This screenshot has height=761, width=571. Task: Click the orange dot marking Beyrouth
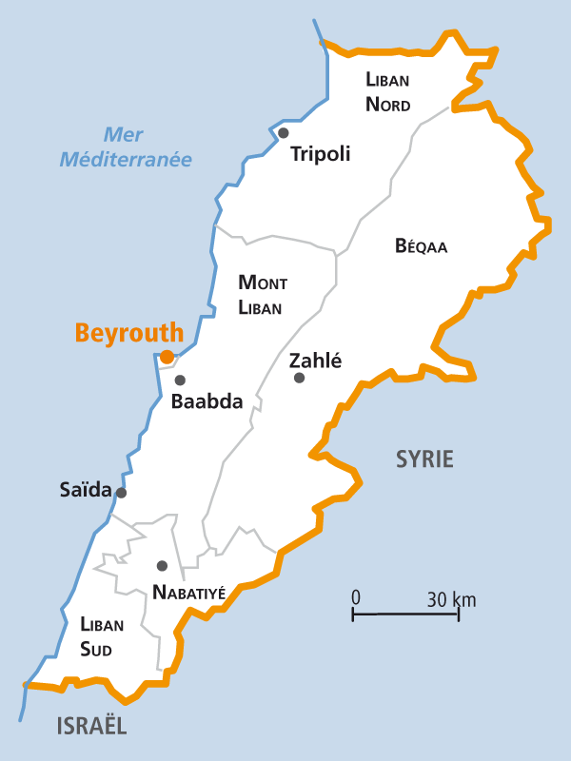coord(167,357)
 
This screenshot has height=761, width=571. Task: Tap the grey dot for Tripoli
coord(283,132)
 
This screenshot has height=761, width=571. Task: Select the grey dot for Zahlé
coord(299,378)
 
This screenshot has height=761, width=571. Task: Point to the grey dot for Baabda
coord(180,380)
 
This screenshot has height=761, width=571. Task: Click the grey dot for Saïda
coord(121,492)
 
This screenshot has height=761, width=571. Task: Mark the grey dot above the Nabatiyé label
coord(162,565)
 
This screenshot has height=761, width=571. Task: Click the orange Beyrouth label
coord(128,333)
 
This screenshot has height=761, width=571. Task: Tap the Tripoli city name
coord(321,154)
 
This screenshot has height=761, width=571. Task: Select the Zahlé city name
coord(315,361)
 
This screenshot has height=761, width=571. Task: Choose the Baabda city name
coord(207,401)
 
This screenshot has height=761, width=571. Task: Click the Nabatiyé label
coord(188,593)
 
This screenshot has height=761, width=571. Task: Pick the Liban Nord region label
coord(388,91)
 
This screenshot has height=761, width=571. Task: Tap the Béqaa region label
coord(421,246)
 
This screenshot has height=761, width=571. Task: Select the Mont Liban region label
coord(262,295)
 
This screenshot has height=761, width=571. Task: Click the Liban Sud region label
coord(102,637)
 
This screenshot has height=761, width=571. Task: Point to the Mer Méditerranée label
coord(127,147)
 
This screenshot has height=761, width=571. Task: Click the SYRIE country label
coord(424,459)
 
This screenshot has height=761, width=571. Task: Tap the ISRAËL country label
coord(91,727)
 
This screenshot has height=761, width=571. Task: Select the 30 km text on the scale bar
coord(451,599)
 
